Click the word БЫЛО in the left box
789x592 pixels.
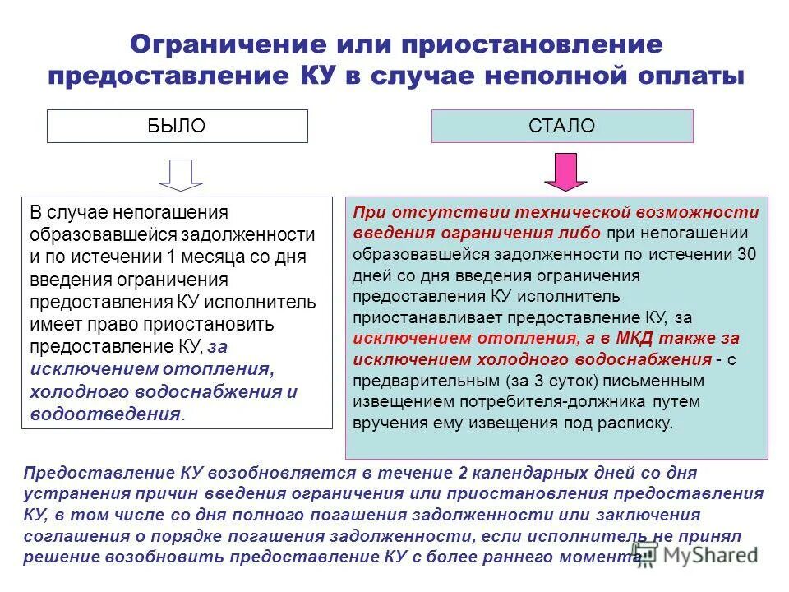(177, 126)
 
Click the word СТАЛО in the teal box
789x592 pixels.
(562, 126)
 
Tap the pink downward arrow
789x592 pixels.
(564, 170)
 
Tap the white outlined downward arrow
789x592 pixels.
(180, 174)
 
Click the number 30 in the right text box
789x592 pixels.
(746, 253)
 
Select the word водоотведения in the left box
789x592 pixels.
(104, 414)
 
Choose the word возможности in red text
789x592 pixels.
(703, 211)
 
